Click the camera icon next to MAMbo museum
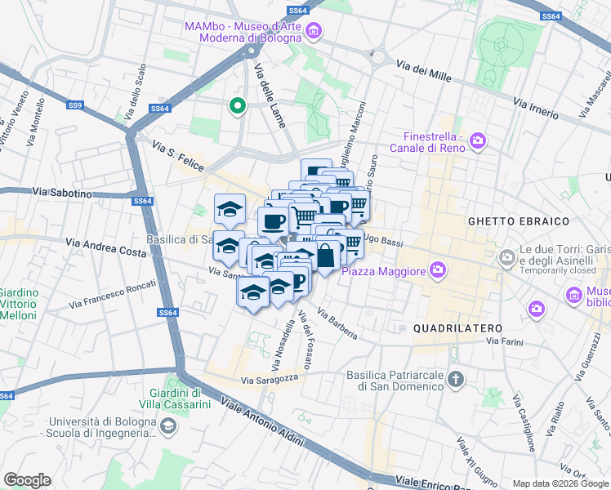pyautogui.click(x=313, y=32)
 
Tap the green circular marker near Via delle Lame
pyautogui.click(x=237, y=105)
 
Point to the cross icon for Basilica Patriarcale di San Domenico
pyautogui.click(x=456, y=379)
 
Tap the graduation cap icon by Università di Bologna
pyautogui.click(x=167, y=425)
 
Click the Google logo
pyautogui.click(x=27, y=479)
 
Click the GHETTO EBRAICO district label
pyautogui.click(x=506, y=221)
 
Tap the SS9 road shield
pyautogui.click(x=75, y=105)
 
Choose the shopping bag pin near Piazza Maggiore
pyautogui.click(x=326, y=256)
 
